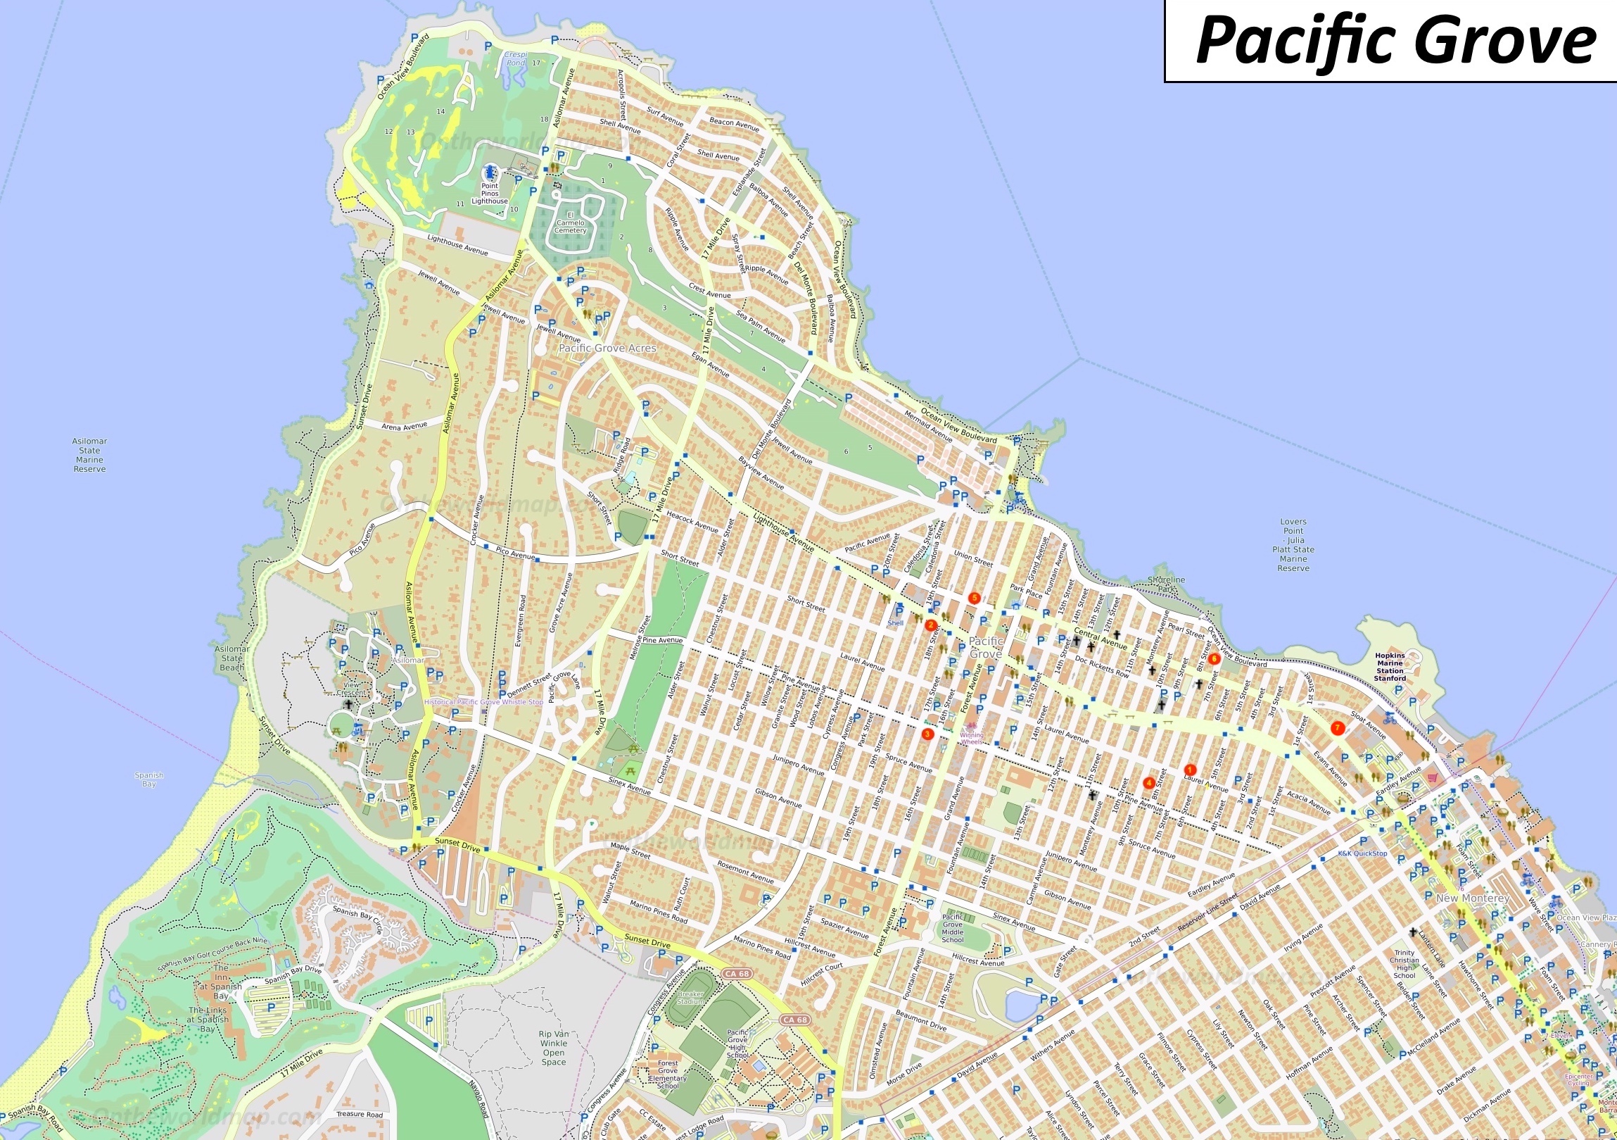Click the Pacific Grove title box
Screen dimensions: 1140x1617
(1390, 41)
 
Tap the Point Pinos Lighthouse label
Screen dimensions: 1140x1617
(490, 194)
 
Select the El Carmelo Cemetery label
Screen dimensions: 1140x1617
(570, 223)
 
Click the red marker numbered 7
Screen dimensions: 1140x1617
(1338, 728)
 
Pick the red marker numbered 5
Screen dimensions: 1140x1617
(975, 599)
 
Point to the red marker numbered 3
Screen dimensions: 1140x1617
(927, 734)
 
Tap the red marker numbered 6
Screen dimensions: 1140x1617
(1214, 660)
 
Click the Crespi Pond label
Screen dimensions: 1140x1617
(516, 58)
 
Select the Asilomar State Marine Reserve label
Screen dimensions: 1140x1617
(89, 455)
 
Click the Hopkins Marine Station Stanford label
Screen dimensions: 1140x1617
(1390, 667)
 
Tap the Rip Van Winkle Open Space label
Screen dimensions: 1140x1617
(554, 1048)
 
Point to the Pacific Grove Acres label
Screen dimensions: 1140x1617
(607, 348)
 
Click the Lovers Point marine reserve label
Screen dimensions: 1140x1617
(1293, 544)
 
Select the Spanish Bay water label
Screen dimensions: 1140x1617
(148, 779)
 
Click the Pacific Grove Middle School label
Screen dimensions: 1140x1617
(952, 929)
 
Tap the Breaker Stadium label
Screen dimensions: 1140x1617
(690, 998)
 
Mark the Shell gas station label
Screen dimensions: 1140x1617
(895, 623)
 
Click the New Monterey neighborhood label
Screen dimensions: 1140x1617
(1472, 898)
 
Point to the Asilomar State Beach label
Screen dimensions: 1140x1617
(232, 658)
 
